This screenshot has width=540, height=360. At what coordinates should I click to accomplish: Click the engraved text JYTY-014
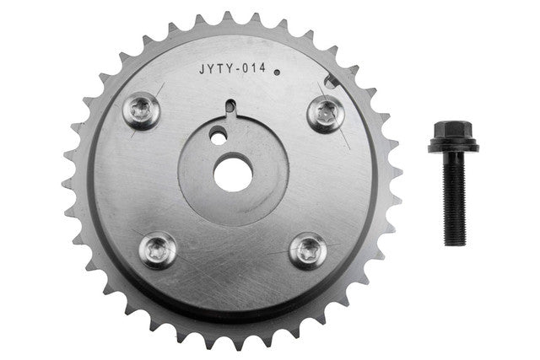pos(233,68)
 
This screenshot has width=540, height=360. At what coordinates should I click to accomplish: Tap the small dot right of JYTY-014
pos(277,73)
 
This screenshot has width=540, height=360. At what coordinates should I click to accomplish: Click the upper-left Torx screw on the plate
pos(141,110)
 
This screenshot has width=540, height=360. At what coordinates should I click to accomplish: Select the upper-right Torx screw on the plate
pos(326,114)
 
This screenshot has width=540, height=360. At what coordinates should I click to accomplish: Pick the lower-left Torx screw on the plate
pos(158,250)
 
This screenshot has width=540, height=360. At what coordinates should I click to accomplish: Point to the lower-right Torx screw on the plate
pos(308,251)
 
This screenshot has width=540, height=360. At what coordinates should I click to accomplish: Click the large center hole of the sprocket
pos(233,175)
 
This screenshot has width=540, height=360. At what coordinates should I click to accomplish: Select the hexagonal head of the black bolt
pos(452,130)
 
